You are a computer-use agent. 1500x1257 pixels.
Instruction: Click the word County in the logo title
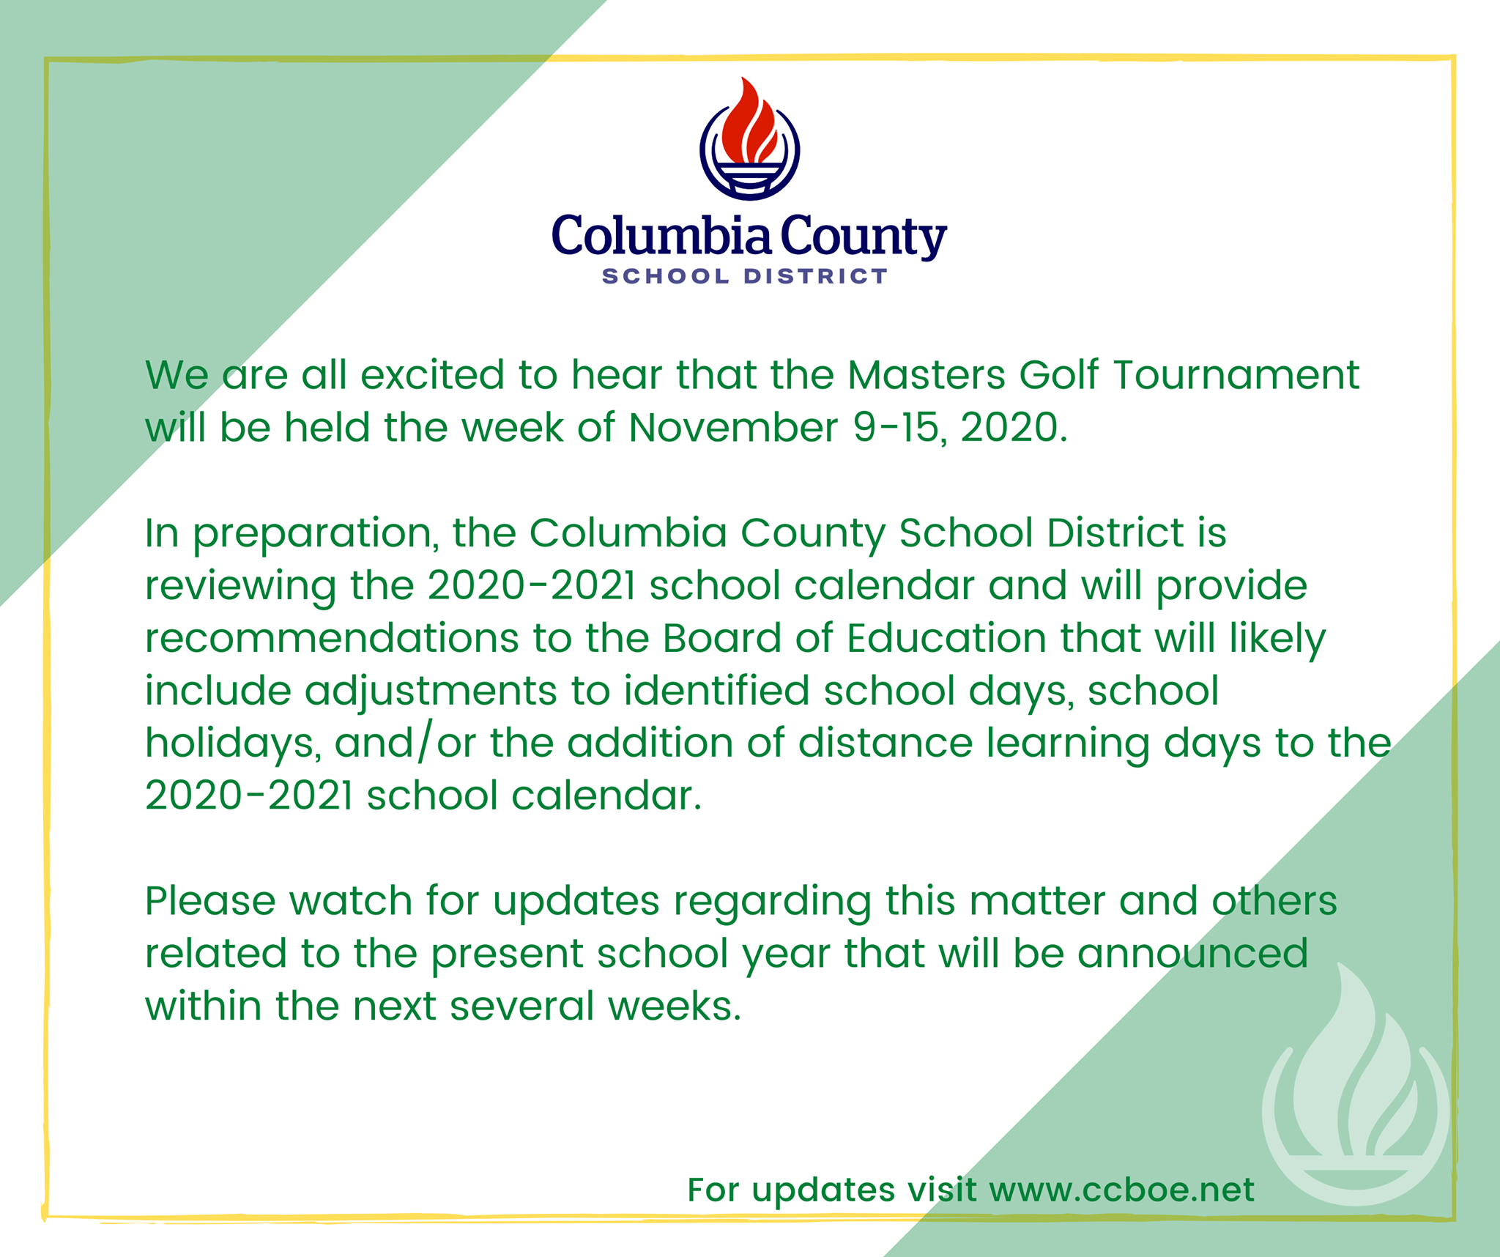pos(864,237)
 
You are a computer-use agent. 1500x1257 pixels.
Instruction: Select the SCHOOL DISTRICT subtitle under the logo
pos(745,276)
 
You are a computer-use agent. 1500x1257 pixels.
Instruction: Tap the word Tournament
pos(1236,374)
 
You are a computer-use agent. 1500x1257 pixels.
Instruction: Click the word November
pos(733,427)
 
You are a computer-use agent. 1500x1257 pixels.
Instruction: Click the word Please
pos(210,900)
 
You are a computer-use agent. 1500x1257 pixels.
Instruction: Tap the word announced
pos(1192,953)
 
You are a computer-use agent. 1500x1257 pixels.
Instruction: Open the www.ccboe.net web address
pos(1122,1190)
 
